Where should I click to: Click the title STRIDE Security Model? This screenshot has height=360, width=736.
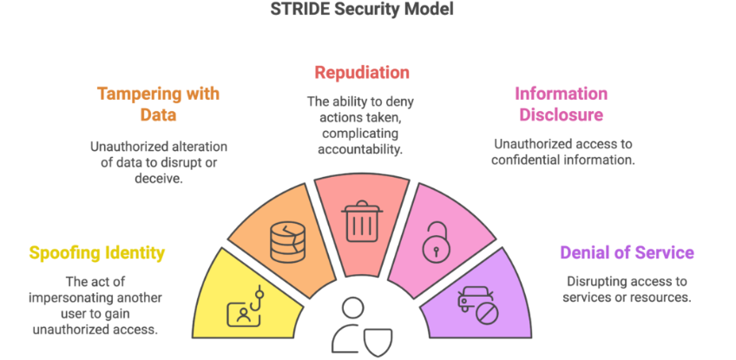click(x=362, y=10)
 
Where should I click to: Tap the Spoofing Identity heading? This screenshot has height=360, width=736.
click(x=96, y=253)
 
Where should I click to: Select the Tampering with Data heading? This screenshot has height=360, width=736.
click(x=158, y=104)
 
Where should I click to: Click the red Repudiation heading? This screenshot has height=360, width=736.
click(x=362, y=72)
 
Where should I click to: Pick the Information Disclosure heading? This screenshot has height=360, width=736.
click(x=561, y=104)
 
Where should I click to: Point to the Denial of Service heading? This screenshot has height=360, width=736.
click(x=627, y=252)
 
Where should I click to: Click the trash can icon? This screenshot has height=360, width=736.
click(x=361, y=221)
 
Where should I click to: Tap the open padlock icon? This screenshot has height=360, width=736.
click(x=436, y=241)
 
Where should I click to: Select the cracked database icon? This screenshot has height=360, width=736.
click(x=288, y=242)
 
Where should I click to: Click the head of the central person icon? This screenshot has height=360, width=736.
click(x=353, y=308)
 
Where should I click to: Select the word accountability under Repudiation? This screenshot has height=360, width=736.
click(x=360, y=149)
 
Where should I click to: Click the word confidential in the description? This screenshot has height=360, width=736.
click(x=529, y=160)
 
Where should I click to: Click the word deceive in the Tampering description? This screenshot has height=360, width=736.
click(x=158, y=179)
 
